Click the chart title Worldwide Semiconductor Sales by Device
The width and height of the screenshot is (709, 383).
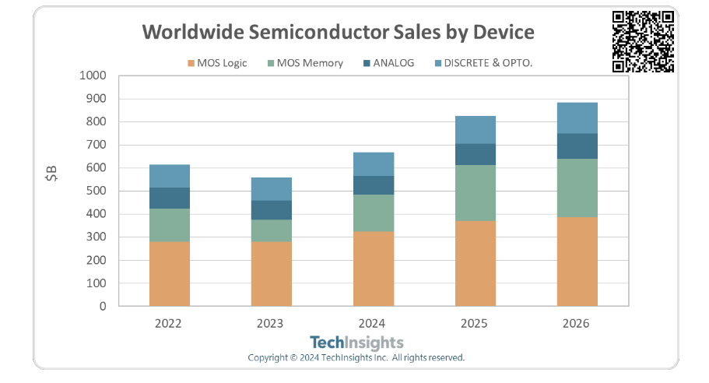pyautogui.click(x=338, y=33)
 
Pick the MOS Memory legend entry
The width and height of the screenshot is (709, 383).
pyautogui.click(x=304, y=63)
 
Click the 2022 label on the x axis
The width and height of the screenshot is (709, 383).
pyautogui.click(x=169, y=322)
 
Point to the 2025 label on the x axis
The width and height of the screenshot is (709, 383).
pyautogui.click(x=475, y=322)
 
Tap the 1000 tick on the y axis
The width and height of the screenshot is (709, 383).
pyautogui.click(x=92, y=76)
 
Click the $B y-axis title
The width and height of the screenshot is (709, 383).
pyautogui.click(x=51, y=177)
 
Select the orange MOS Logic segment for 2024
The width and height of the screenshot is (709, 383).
pyautogui.click(x=374, y=269)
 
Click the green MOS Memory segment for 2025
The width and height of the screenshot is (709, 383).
pyautogui.click(x=475, y=193)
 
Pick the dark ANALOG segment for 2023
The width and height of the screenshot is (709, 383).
pyautogui.click(x=271, y=210)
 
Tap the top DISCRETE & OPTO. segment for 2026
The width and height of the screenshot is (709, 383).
pyautogui.click(x=577, y=118)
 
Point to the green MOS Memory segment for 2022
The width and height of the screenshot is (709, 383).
pyautogui.click(x=169, y=225)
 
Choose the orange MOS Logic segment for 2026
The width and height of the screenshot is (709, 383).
pyautogui.click(x=577, y=262)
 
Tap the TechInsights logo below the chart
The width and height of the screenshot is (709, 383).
pyautogui.click(x=356, y=343)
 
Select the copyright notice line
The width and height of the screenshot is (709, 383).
pyautogui.click(x=356, y=358)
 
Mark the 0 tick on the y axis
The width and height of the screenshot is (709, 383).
pyautogui.click(x=101, y=306)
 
